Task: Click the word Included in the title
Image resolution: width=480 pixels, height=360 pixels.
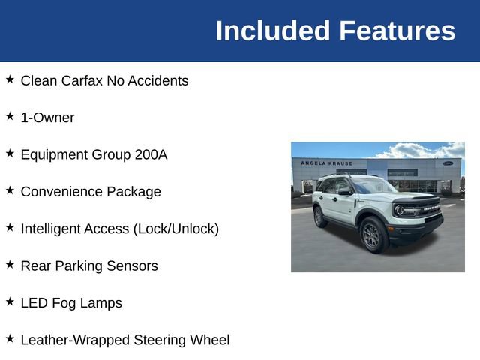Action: pyautogui.click(x=273, y=31)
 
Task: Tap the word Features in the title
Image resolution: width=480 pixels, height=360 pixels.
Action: pyautogui.click(x=397, y=31)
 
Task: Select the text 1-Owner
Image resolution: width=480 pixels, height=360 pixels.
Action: pyautogui.click(x=47, y=118)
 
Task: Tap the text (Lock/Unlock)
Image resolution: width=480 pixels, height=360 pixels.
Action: pyautogui.click(x=175, y=229)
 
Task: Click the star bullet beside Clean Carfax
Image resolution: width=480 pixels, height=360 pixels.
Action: pyautogui.click(x=10, y=79)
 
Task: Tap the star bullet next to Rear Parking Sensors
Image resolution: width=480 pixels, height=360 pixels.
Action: pyautogui.click(x=10, y=264)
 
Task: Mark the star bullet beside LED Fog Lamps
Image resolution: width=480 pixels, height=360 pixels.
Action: pyautogui.click(x=10, y=301)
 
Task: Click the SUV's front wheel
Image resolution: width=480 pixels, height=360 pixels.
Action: pyautogui.click(x=373, y=235)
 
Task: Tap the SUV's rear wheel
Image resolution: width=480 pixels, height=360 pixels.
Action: pyautogui.click(x=320, y=217)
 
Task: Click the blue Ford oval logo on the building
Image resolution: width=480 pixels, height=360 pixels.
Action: pyautogui.click(x=448, y=163)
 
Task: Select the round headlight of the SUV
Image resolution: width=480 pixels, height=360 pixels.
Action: pyautogui.click(x=400, y=210)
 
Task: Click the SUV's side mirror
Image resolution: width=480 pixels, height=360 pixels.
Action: pyautogui.click(x=343, y=192)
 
